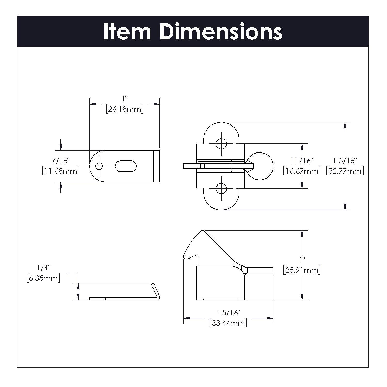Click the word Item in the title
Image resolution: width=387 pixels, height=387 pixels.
[127, 32]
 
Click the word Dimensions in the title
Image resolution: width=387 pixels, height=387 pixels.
[221, 32]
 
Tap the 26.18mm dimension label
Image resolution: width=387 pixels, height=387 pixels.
[124, 109]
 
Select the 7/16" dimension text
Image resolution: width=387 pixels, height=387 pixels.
[61, 161]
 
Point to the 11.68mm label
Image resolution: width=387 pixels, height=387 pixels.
[61, 171]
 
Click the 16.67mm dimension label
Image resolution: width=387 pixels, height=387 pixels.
[302, 171]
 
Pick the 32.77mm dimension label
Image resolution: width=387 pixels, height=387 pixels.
[345, 171]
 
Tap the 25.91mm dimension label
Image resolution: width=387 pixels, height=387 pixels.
[302, 270]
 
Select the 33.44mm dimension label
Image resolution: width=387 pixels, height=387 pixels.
[228, 323]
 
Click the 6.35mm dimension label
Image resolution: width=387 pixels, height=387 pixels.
[43, 278]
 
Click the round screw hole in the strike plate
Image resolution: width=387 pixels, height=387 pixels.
[99, 166]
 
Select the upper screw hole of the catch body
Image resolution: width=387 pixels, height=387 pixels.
[221, 144]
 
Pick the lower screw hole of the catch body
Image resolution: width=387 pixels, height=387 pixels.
[221, 189]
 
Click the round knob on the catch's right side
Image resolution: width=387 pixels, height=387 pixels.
[263, 166]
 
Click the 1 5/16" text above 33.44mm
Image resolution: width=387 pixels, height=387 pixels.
[228, 313]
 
